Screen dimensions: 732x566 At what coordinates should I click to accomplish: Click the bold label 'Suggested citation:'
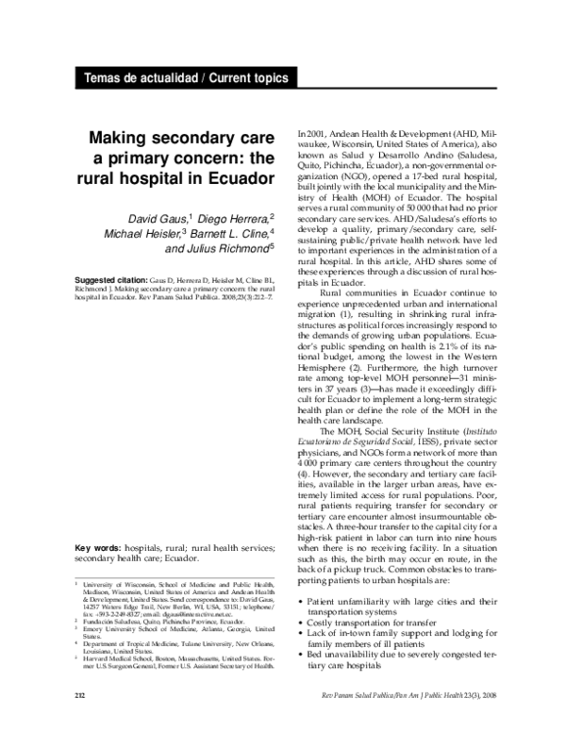coord(110,281)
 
